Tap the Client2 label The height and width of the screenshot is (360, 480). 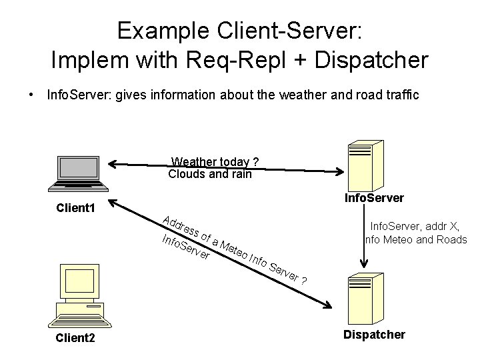(75, 338)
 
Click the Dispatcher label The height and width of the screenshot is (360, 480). (374, 335)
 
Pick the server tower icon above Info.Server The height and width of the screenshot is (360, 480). (364, 164)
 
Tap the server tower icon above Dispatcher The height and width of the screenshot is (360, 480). (363, 299)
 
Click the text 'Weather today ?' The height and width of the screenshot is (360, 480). (215, 162)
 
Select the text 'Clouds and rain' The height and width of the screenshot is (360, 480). (210, 175)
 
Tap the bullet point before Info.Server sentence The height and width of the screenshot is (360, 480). (31, 95)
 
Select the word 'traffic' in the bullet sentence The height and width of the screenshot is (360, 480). (401, 95)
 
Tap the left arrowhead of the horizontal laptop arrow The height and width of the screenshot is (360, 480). (114, 163)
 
